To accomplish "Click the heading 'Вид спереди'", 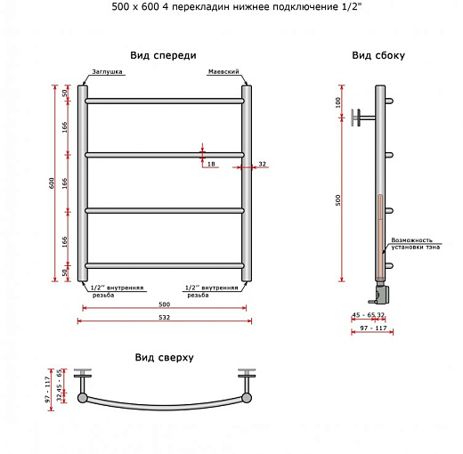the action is click(163, 55).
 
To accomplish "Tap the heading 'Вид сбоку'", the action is click(378, 55).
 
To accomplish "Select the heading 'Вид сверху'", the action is click(164, 357).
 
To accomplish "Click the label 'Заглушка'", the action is click(107, 71).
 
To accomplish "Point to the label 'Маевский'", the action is click(223, 71).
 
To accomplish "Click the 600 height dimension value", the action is click(52, 183).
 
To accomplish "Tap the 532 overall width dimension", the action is click(164, 317).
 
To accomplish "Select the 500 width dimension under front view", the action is click(164, 304).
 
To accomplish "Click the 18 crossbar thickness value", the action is click(211, 164).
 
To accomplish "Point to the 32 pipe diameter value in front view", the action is click(263, 164).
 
